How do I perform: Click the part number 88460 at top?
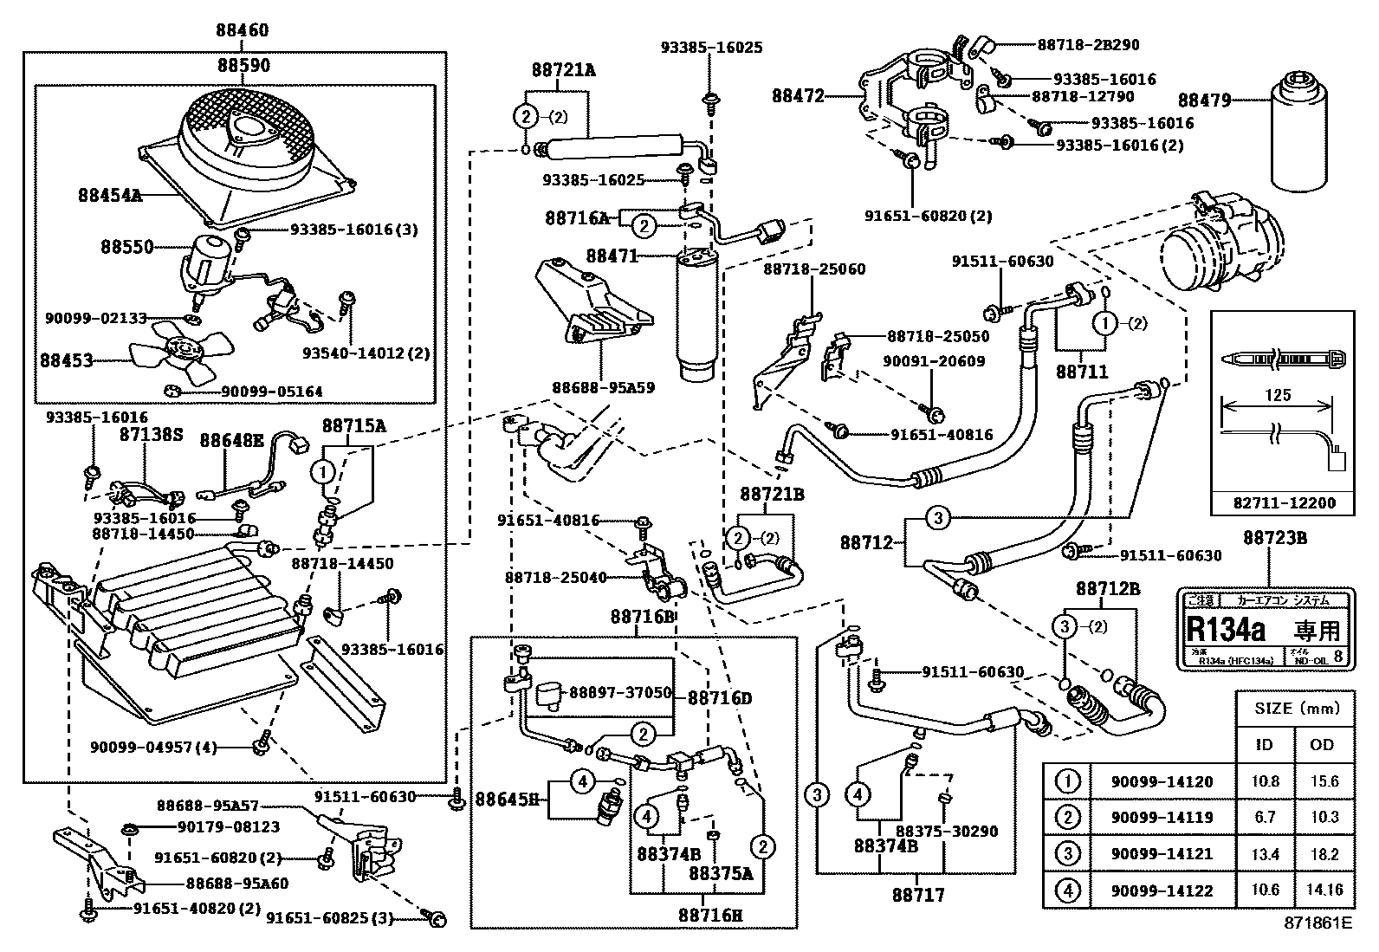pos(242,30)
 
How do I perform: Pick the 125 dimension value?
pos(1278,395)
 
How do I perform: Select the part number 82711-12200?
pos(1285,502)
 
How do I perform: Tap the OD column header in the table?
pos(1322,744)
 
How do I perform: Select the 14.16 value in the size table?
pos(1324,890)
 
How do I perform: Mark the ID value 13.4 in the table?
pos(1265,854)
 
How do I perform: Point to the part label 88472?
pos(798,97)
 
